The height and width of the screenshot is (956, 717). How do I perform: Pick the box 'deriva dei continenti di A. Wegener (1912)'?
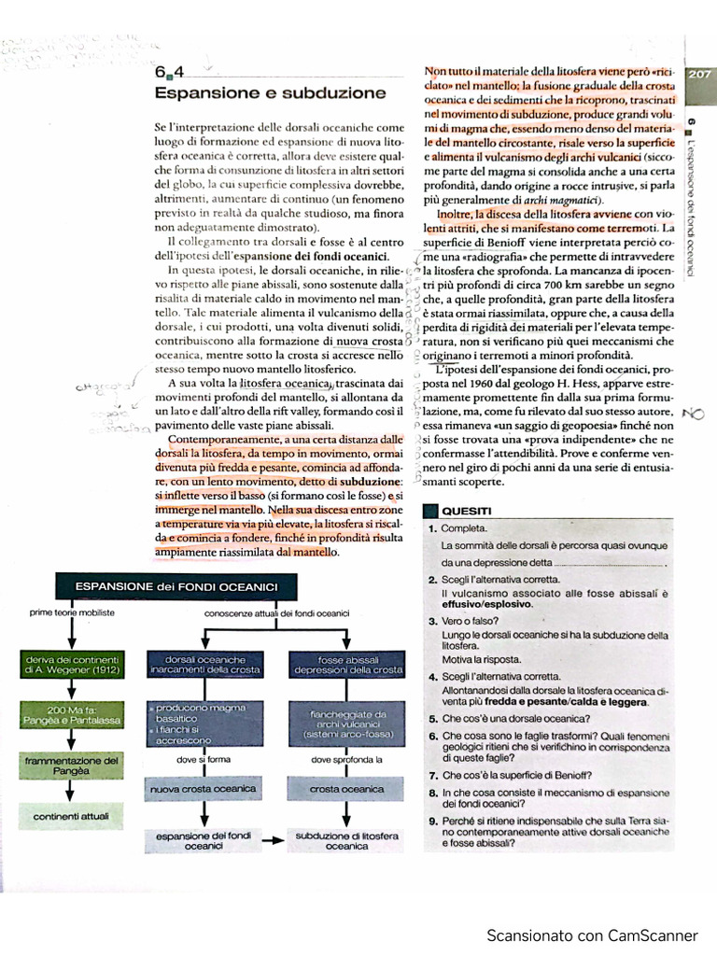click(x=73, y=665)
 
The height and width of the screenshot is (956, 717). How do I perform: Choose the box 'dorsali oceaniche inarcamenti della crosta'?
click(x=204, y=665)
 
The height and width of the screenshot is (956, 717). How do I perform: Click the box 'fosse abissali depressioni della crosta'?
click(x=347, y=665)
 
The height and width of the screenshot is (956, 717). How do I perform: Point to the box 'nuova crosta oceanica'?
click(x=204, y=790)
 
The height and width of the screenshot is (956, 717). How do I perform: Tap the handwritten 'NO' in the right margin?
click(x=693, y=414)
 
